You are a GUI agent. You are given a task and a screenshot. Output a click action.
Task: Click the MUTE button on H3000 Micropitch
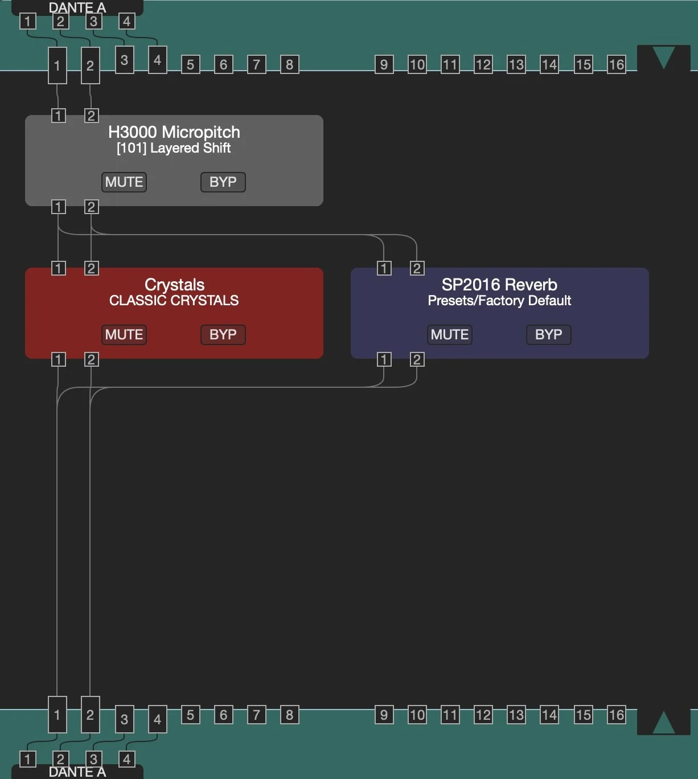(x=124, y=182)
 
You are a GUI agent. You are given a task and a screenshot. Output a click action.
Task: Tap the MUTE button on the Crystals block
(x=124, y=335)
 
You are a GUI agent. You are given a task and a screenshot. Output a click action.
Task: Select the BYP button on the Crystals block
(x=223, y=335)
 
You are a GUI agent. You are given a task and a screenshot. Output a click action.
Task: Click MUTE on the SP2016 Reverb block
(x=450, y=335)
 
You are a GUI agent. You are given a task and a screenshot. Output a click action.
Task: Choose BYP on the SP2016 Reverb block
(x=548, y=335)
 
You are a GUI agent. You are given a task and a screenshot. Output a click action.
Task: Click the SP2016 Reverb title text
(x=499, y=285)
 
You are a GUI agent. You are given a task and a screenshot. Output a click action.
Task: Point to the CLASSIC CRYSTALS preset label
(x=174, y=301)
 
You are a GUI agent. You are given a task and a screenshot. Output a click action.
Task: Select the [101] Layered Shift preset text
(x=174, y=148)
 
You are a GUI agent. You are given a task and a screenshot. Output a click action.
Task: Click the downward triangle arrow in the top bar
(x=663, y=58)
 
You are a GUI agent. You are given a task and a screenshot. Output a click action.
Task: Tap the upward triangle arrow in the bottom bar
(x=663, y=722)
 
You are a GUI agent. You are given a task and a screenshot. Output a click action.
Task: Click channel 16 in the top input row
(x=616, y=64)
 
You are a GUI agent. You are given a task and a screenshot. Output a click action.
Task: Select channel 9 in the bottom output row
(x=384, y=715)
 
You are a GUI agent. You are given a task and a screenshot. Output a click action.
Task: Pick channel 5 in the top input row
(x=190, y=64)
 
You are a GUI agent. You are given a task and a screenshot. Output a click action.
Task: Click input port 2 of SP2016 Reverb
(x=417, y=268)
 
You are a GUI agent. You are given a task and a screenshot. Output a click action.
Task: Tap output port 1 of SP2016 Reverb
(x=384, y=359)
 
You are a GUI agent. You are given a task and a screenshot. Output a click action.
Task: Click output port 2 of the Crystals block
(x=91, y=359)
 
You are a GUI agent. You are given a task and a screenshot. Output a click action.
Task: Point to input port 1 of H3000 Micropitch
(x=58, y=116)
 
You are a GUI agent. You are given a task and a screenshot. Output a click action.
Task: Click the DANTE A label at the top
(x=77, y=8)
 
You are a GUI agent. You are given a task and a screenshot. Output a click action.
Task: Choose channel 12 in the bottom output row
(x=483, y=715)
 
